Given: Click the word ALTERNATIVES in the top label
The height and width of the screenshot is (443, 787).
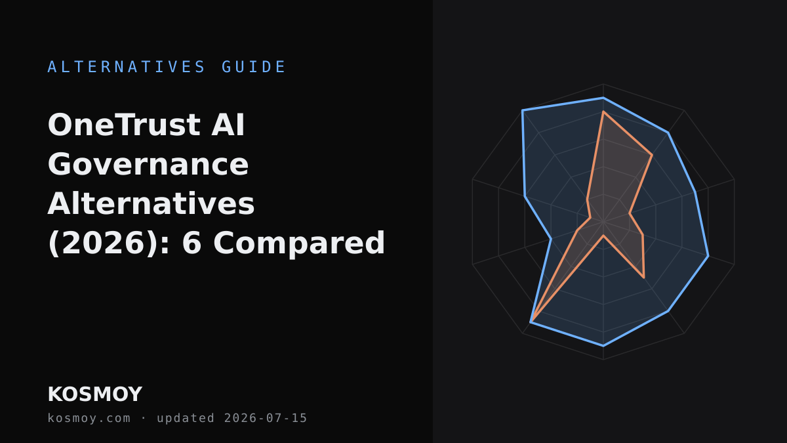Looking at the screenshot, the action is pyautogui.click(x=126, y=67).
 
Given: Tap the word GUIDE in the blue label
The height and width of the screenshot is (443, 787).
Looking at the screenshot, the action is pyautogui.click(x=253, y=67).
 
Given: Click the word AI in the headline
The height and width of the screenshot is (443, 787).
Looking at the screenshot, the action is pyautogui.click(x=228, y=125).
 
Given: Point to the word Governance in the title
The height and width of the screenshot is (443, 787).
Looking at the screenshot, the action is pyautogui.click(x=148, y=165).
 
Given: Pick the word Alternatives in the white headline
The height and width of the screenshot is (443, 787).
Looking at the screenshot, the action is pyautogui.click(x=151, y=204).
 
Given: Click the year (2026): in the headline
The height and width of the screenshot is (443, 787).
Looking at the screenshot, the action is pyautogui.click(x=109, y=243).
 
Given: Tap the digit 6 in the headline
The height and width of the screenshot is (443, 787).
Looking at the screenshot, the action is pyautogui.click(x=192, y=243).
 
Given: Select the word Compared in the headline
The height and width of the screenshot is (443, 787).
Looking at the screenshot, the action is pyautogui.click(x=299, y=243).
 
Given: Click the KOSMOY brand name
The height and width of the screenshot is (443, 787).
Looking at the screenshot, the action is pyautogui.click(x=95, y=394).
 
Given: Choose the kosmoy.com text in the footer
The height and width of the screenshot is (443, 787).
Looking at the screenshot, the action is pyautogui.click(x=89, y=418).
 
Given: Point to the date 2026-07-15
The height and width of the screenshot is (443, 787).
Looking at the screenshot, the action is pyautogui.click(x=266, y=418).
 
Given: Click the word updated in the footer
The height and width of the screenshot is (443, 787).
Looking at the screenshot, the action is pyautogui.click(x=186, y=418).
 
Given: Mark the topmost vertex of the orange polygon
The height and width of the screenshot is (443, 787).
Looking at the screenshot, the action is pyautogui.click(x=603, y=112).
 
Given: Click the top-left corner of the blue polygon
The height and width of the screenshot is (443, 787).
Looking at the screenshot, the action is pyautogui.click(x=523, y=110).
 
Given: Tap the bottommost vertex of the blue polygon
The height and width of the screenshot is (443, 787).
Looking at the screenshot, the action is pyautogui.click(x=603, y=346).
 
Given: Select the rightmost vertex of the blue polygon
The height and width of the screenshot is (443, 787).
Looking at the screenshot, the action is pyautogui.click(x=708, y=256).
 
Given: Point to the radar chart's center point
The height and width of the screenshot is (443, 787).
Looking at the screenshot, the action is pyautogui.click(x=603, y=222).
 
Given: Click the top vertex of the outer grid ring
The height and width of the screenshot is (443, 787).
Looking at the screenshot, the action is pyautogui.click(x=603, y=84).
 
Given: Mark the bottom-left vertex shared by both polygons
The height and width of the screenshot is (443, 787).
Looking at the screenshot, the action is pyautogui.click(x=531, y=322).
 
